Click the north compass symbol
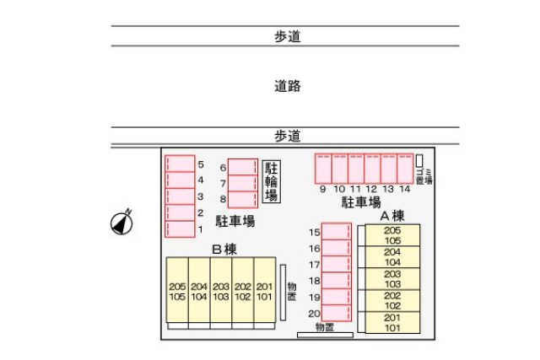tap(123, 223)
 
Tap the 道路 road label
tap(287, 86)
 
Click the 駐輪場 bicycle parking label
tap(271, 181)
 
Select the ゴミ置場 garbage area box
tap(419, 160)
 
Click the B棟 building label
tap(224, 249)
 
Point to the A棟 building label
tap(391, 215)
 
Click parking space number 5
tap(180, 164)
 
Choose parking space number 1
tap(180, 228)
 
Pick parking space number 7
tap(242, 183)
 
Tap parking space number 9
tap(323, 169)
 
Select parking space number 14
tap(405, 169)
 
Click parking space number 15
tap(337, 232)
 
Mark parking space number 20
tap(337, 313)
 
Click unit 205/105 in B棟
tap(177, 292)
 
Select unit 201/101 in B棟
tap(264, 292)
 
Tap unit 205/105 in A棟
tap(391, 235)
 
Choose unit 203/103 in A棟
tap(391, 279)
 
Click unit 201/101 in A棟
tap(391, 322)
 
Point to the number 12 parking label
tap(371, 189)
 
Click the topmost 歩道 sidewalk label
tap(287, 36)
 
